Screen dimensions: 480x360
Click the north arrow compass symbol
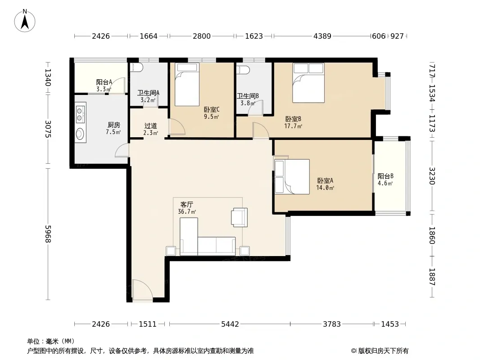click(25, 21)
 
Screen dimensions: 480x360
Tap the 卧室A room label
click(325, 181)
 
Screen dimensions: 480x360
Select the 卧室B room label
click(293, 119)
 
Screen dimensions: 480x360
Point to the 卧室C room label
click(212, 109)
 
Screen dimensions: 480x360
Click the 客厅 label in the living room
click(187, 204)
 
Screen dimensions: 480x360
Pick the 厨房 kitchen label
click(113, 125)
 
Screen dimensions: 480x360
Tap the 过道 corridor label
click(150, 126)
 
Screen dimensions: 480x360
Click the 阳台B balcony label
click(385, 176)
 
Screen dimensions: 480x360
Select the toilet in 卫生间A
click(136, 67)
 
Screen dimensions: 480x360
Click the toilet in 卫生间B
click(243, 70)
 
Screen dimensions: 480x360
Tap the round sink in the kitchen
click(80, 134)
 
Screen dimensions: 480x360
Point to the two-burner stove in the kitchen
click(80, 113)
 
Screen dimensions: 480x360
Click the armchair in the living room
click(240, 217)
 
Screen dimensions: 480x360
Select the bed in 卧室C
click(187, 85)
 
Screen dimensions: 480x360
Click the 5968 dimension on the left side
click(48, 234)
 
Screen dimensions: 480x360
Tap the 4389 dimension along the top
click(322, 36)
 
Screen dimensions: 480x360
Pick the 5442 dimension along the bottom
click(230, 324)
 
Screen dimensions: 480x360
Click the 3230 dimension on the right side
click(432, 176)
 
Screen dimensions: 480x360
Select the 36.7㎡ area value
click(187, 211)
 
